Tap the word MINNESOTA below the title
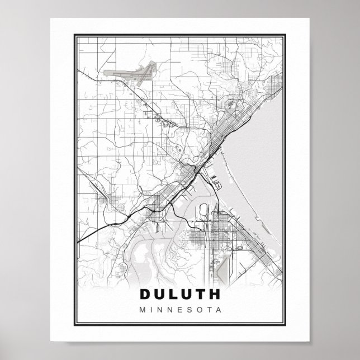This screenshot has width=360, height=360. [179, 308]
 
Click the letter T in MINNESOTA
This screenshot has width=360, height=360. [209, 308]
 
